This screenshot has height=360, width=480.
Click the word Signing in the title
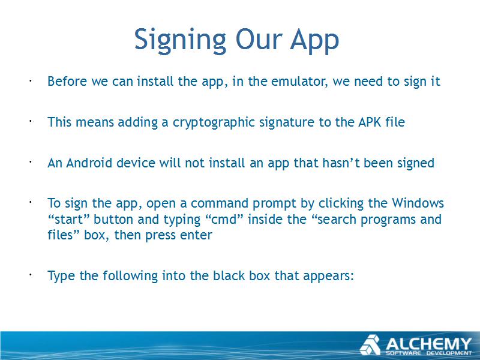[180, 40]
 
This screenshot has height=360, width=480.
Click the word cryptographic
[214, 122]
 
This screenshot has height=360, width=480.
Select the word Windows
[418, 203]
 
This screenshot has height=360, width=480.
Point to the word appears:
[328, 276]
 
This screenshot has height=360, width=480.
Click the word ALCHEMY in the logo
[428, 344]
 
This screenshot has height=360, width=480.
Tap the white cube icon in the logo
[370, 345]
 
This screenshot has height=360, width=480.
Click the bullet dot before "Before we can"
[31, 81]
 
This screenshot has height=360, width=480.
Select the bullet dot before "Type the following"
[31, 275]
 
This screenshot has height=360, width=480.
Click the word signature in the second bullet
[287, 122]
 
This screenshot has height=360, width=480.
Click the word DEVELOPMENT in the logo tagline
[449, 353]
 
